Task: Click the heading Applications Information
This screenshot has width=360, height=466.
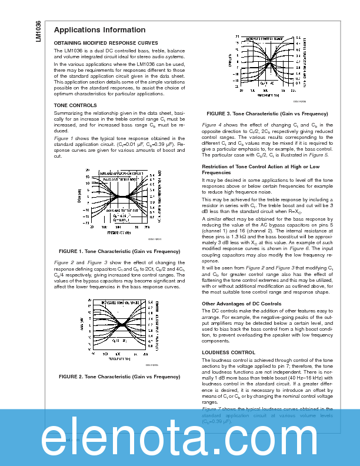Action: coord(99,30)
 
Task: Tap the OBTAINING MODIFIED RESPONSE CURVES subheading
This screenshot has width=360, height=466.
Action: coord(106,43)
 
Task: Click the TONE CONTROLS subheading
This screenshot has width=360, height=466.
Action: coord(75,105)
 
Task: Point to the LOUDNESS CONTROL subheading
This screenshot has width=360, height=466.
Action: coord(228,352)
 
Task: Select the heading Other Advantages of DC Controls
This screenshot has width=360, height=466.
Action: coord(241,304)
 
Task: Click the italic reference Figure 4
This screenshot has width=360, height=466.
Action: coord(212,125)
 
